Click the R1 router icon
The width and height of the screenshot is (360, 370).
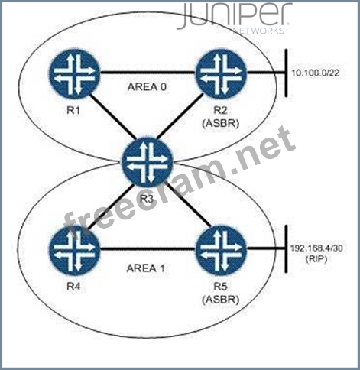(x=74, y=73)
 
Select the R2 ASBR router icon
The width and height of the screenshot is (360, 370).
(x=221, y=73)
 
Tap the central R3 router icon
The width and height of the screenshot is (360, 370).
(x=148, y=162)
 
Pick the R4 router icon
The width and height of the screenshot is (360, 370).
(x=74, y=250)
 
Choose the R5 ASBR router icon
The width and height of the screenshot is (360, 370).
(x=221, y=250)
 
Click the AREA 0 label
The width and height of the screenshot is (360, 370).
(x=147, y=87)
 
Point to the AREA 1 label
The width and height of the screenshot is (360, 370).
(x=146, y=268)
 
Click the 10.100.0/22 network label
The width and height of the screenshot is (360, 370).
(x=316, y=73)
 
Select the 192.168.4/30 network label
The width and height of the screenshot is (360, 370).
(x=316, y=248)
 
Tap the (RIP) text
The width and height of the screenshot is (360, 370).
(x=316, y=259)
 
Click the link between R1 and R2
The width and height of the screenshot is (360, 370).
(x=148, y=73)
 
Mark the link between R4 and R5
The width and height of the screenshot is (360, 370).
(x=148, y=250)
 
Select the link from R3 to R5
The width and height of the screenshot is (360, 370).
(x=188, y=204)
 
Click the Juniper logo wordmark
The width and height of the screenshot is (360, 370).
(x=235, y=16)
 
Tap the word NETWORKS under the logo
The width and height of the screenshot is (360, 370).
(x=258, y=31)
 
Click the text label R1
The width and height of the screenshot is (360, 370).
(x=73, y=110)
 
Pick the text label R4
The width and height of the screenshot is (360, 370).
(x=73, y=287)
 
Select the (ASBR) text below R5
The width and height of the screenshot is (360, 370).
(x=221, y=300)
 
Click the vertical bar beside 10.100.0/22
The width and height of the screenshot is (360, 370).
(x=287, y=73)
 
